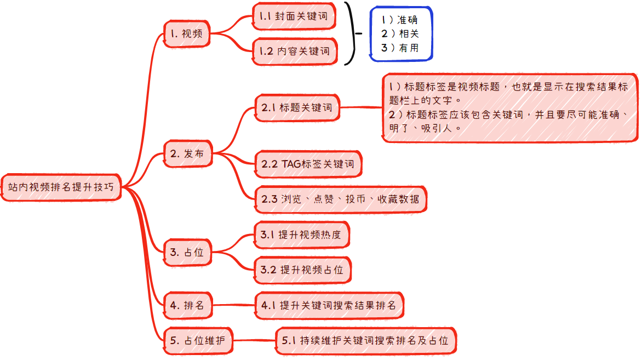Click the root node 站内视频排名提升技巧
point(61,187)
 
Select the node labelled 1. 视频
point(187,33)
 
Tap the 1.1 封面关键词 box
point(294,16)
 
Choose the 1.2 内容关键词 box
point(295,51)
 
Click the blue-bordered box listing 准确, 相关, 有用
point(401,34)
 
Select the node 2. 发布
point(188,153)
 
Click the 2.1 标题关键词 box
point(297,108)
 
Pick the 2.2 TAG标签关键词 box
point(308,164)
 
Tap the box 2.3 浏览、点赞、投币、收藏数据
point(341,199)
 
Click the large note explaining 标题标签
point(510,108)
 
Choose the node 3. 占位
point(187,252)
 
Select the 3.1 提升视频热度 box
point(302,235)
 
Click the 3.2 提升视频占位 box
point(302,270)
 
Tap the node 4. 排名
point(188,305)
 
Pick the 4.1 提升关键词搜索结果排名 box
point(329,305)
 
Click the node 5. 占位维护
point(198,340)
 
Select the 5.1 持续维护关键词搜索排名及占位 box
point(365,340)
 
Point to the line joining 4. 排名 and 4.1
point(233,305)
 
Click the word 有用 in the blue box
point(409,48)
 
